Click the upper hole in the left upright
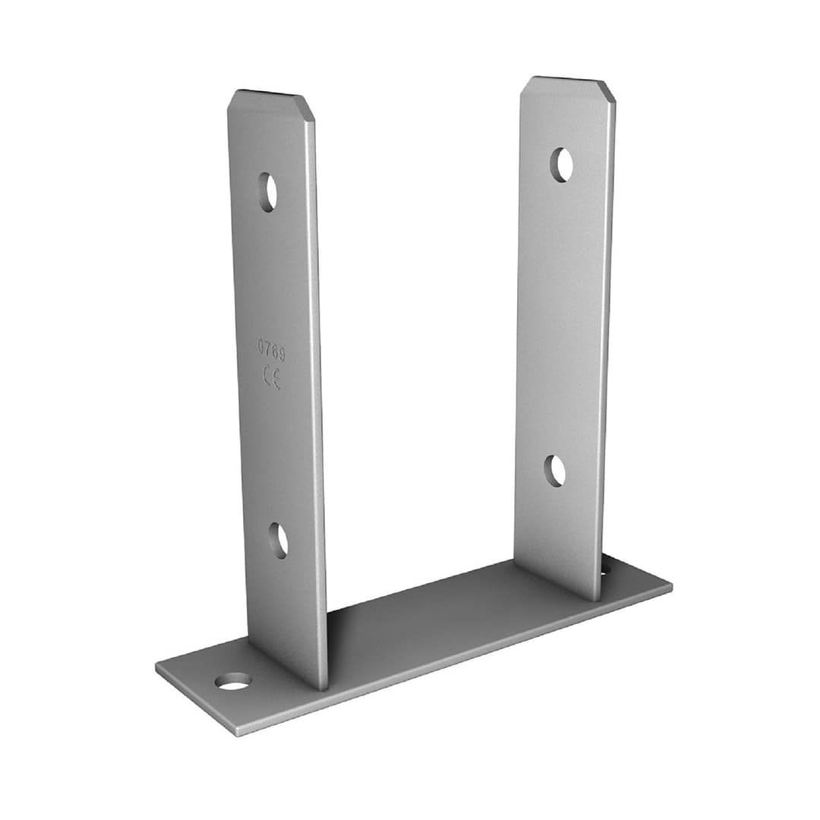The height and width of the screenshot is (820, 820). coord(268,192)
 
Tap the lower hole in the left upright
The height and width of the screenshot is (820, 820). coord(278,541)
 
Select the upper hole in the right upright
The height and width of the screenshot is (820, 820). coord(562,166)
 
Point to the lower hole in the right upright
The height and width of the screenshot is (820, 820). coord(555,471)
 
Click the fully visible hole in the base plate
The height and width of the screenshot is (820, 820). coord(233,681)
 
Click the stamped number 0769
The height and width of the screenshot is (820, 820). coord(271,349)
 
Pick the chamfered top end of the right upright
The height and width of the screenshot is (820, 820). coord(568,90)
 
